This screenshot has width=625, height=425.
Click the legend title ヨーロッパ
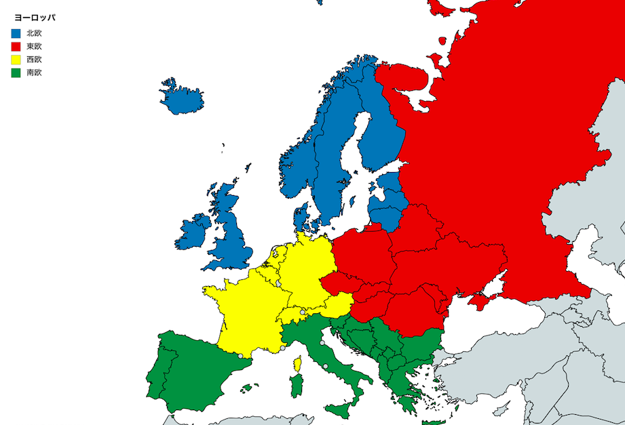(x=35, y=18)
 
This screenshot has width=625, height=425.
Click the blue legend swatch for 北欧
(x=16, y=33)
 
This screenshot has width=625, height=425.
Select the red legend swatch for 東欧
(x=16, y=46)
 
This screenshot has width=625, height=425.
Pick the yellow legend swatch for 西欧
(x=16, y=60)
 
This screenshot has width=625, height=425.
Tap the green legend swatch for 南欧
(x=16, y=73)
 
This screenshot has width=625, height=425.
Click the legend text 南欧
(x=34, y=73)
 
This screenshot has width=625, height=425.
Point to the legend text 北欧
(x=34, y=33)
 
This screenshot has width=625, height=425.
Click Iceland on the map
(x=182, y=99)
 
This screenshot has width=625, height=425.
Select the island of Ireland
(x=194, y=232)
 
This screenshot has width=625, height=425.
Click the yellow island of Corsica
(x=297, y=365)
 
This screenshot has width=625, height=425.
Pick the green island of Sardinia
(x=296, y=386)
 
